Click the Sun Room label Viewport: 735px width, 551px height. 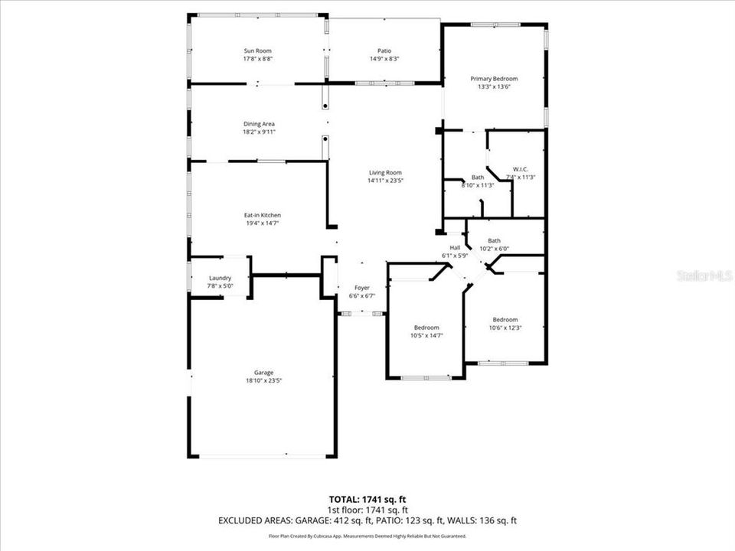tap(258, 51)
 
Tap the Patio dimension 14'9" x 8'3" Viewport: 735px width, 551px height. tap(384, 59)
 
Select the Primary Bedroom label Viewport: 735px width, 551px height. tap(494, 79)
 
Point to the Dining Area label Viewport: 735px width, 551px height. tap(259, 124)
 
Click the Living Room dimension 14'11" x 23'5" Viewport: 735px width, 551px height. tap(385, 181)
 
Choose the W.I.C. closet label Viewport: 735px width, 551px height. tap(520, 169)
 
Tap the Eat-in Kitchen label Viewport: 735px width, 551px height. tap(262, 215)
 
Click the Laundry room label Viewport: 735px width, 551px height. tap(220, 278)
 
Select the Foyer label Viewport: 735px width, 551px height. tap(361, 287)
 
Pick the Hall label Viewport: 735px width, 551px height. tap(455, 247)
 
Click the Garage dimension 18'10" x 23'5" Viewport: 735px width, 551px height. tap(259, 380)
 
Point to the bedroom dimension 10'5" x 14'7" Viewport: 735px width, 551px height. tap(426, 335)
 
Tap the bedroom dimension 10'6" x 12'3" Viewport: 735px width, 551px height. tap(505, 328)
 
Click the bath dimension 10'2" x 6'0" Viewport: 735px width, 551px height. tap(494, 249)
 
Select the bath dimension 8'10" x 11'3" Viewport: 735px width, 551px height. tap(478, 185)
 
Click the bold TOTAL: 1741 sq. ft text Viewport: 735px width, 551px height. tap(367, 498)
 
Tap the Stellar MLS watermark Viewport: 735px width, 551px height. tap(704, 275)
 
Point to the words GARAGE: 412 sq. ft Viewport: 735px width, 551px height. tap(348, 521)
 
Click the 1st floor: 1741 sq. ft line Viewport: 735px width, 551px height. tap(367, 510)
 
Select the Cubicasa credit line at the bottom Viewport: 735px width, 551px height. tap(367, 536)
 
